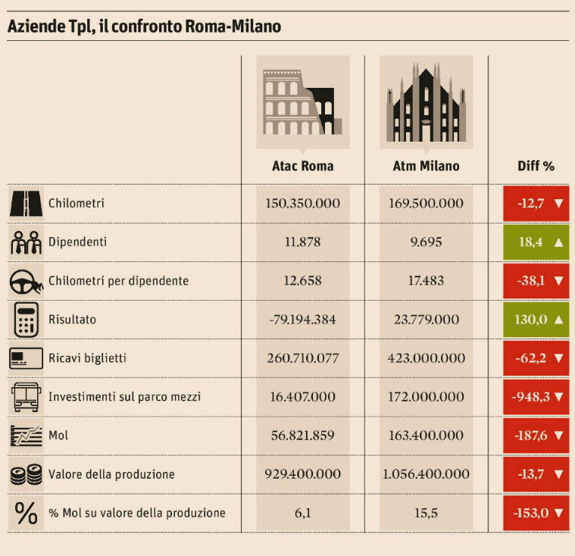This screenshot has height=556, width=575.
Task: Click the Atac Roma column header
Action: pos(302,166)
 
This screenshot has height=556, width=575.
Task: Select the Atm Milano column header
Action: pos(426,166)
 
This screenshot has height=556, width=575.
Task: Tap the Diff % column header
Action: pos(536,166)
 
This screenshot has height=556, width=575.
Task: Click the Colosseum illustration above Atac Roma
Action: pos(302,102)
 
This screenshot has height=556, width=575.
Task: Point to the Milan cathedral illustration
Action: pos(426,102)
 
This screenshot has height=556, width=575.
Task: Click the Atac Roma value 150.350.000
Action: pos(302,203)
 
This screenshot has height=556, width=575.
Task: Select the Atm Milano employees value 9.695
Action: pos(426,242)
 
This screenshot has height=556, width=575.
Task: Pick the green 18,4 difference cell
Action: pos(536,242)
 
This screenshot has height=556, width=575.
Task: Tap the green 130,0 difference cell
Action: pos(536,320)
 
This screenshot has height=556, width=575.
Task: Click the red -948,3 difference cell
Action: pos(536,396)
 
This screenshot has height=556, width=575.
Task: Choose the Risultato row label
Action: pos(71,320)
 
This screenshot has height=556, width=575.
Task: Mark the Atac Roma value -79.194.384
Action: pos(302,320)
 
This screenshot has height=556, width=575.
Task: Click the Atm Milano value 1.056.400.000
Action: pos(426,474)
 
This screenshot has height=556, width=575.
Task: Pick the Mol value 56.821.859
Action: pos(302,436)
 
